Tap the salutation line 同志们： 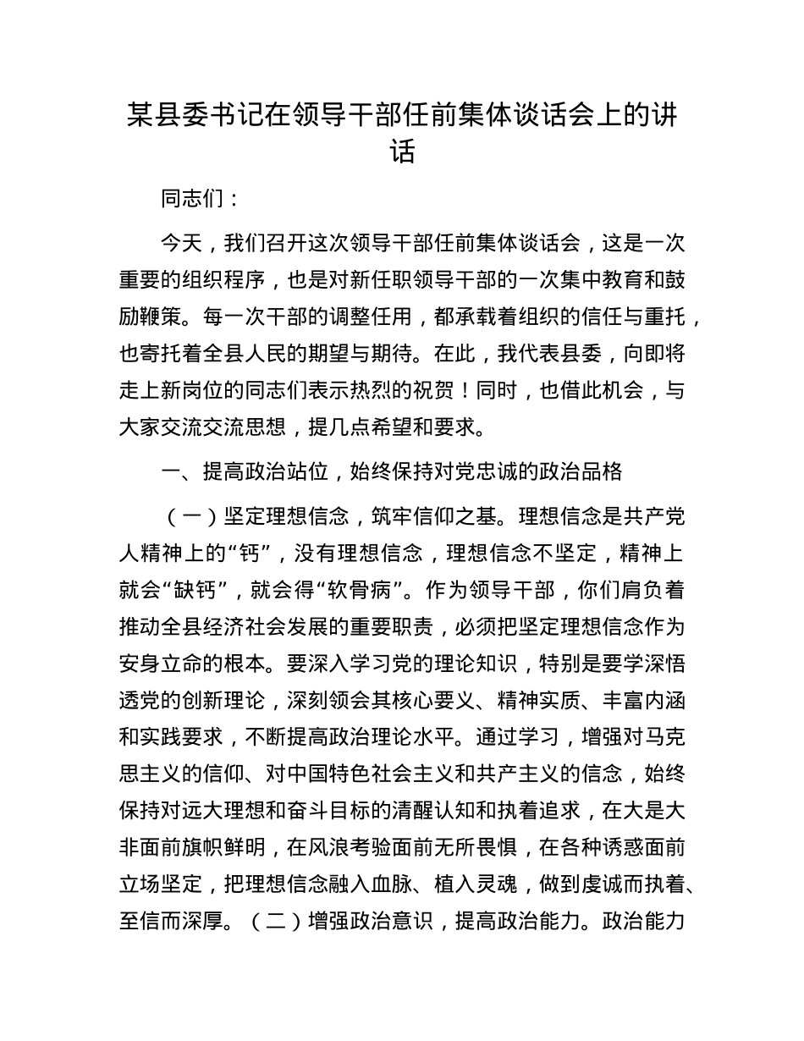coord(191,200)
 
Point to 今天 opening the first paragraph coord(180,244)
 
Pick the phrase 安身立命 coord(160,664)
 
